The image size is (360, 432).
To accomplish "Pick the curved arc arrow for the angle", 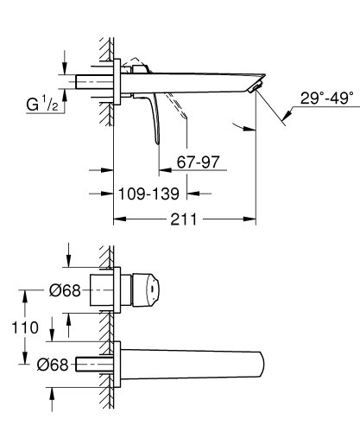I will coord(245,127).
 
